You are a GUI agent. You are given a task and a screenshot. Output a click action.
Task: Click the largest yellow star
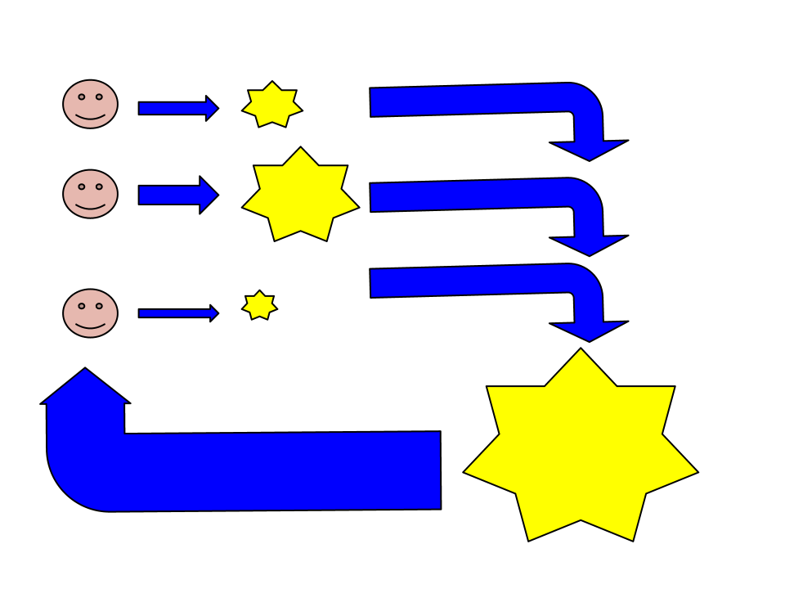[581, 450]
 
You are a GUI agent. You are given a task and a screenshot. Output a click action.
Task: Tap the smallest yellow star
[259, 306]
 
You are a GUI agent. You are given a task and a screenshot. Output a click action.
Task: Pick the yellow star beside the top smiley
[271, 106]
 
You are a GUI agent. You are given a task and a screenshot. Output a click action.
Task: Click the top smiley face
[90, 104]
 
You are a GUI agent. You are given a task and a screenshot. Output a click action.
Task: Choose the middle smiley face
[90, 194]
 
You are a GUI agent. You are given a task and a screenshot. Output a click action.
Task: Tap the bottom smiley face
[90, 313]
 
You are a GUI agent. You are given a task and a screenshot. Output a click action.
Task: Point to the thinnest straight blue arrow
[176, 313]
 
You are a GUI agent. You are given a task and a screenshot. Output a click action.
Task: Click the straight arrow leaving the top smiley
[176, 108]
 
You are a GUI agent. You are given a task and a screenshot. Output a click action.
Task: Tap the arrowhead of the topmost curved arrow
[589, 150]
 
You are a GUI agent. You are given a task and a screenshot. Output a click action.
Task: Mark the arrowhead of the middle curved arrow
[589, 245]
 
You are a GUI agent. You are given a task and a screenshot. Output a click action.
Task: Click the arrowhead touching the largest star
[589, 330]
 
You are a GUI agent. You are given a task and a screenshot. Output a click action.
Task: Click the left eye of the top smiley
[82, 97]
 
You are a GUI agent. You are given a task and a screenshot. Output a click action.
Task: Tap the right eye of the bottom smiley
[99, 306]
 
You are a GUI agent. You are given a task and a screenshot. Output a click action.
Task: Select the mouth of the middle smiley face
[90, 206]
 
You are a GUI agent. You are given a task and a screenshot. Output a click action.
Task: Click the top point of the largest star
[581, 356]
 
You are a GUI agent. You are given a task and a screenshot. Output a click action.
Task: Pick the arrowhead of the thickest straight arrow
[209, 195]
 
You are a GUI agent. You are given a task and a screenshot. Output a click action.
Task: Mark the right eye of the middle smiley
[99, 187]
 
